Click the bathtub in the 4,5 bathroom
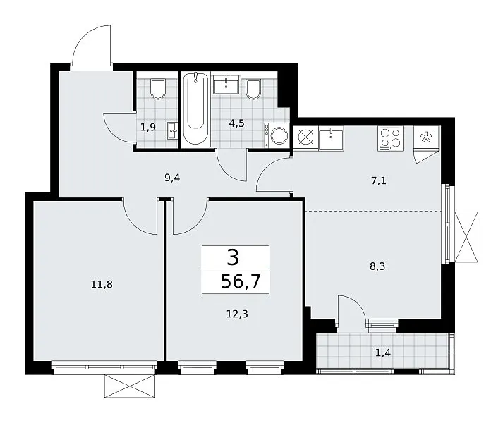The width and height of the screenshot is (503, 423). click(195, 109)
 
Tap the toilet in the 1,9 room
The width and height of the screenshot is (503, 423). click(158, 89)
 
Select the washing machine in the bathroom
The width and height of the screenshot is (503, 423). click(277, 135)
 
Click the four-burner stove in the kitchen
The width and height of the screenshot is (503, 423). click(390, 139)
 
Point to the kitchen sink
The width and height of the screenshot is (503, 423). click(331, 138)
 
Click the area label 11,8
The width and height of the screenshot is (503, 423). click(102, 284)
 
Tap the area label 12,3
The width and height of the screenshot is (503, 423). click(237, 314)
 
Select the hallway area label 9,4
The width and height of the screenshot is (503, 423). click(172, 178)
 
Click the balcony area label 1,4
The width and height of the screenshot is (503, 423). click(383, 353)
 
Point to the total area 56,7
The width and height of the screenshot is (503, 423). click(241, 282)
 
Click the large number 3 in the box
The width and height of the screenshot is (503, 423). click(234, 257)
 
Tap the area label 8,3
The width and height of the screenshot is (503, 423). click(377, 266)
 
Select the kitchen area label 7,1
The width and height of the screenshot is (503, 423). click(379, 181)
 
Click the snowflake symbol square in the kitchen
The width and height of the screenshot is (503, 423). click(426, 137)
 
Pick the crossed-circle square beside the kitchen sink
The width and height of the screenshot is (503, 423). click(305, 138)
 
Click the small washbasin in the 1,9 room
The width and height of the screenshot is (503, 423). click(173, 131)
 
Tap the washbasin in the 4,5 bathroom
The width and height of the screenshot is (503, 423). click(226, 85)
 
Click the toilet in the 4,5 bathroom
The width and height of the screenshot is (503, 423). click(253, 89)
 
